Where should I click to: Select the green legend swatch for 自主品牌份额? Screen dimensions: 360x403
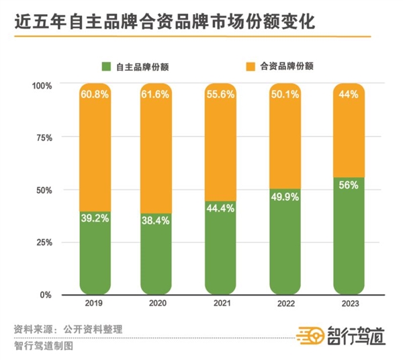(106, 66)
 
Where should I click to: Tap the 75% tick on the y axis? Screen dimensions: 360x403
(44, 138)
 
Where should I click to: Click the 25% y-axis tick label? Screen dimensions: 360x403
(44, 242)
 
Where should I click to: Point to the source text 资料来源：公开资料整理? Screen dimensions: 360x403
(68, 330)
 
